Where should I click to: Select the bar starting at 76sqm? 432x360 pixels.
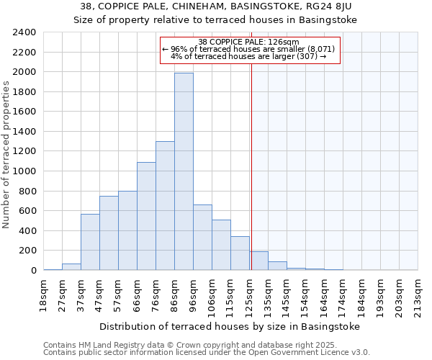[x=165, y=205]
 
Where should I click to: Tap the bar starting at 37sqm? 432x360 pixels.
[x=90, y=242]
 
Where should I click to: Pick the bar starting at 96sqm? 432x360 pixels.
[x=202, y=238]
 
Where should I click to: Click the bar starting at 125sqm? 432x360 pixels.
[x=258, y=261]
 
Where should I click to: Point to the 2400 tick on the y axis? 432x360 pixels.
[x=25, y=32]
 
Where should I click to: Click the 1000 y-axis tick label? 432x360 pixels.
[x=25, y=171]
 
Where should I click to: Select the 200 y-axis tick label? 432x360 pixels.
[x=28, y=251]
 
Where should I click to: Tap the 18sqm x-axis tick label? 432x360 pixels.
[x=43, y=293]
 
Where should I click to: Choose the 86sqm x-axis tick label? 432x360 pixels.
[x=174, y=293]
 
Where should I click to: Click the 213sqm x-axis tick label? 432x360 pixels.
[x=418, y=293]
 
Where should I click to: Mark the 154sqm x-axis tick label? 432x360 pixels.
[x=305, y=293]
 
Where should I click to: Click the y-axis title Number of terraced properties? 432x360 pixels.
[x=6, y=154]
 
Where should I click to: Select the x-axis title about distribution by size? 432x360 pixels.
[x=229, y=326]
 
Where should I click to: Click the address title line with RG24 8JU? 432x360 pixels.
[x=216, y=6]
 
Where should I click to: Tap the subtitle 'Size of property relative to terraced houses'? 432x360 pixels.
[x=216, y=19]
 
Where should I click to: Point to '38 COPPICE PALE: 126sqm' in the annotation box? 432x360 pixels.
[x=248, y=42]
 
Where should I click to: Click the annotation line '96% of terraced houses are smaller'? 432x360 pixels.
[x=248, y=49]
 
